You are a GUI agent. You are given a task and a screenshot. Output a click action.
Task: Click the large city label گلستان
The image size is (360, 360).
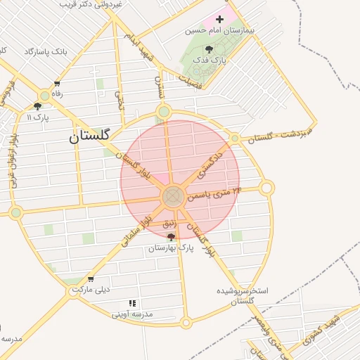[90, 137]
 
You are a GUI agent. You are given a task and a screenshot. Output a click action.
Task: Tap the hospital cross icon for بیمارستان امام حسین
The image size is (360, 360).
[220, 20]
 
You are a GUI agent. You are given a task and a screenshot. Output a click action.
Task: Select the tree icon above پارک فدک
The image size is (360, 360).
[209, 49]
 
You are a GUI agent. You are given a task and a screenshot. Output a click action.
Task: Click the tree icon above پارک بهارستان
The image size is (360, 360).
[171, 238]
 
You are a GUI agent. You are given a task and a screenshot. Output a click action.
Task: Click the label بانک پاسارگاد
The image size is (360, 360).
[49, 52]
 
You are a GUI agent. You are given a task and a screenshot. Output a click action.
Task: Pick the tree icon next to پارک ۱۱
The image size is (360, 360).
[37, 106]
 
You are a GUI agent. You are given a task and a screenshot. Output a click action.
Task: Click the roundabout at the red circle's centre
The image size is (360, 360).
[174, 197]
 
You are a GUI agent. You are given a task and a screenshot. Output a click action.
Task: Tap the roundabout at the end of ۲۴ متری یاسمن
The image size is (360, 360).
[266, 188]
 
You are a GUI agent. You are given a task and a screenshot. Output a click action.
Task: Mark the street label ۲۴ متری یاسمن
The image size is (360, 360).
[214, 193]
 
